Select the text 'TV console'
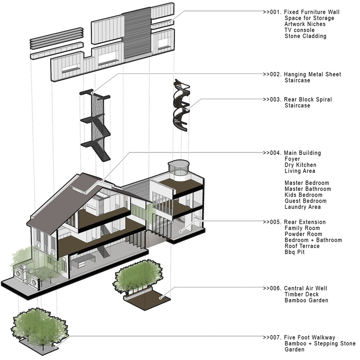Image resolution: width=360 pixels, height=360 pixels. click(x=300, y=30)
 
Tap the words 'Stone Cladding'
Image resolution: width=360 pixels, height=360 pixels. click(x=305, y=36)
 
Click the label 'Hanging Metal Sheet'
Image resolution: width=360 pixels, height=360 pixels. click(x=312, y=75)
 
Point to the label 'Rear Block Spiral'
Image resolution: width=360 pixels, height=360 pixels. click(x=308, y=99)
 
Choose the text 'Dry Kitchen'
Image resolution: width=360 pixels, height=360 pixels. click(x=300, y=165)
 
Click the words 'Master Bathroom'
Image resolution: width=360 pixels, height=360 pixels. click(x=308, y=189)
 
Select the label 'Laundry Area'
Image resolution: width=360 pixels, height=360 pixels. click(x=303, y=207)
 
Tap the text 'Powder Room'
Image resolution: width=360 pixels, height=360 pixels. click(x=303, y=234)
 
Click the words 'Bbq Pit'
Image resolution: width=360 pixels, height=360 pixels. click(x=294, y=252)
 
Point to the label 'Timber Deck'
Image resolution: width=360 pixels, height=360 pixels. click(x=302, y=294)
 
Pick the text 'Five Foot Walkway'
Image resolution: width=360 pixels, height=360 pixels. click(x=310, y=338)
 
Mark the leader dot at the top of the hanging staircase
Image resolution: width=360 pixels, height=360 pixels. click(x=92, y=93)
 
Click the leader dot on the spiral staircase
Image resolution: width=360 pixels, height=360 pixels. click(x=188, y=110)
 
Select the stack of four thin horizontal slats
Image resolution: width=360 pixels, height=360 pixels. click(x=56, y=39)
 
